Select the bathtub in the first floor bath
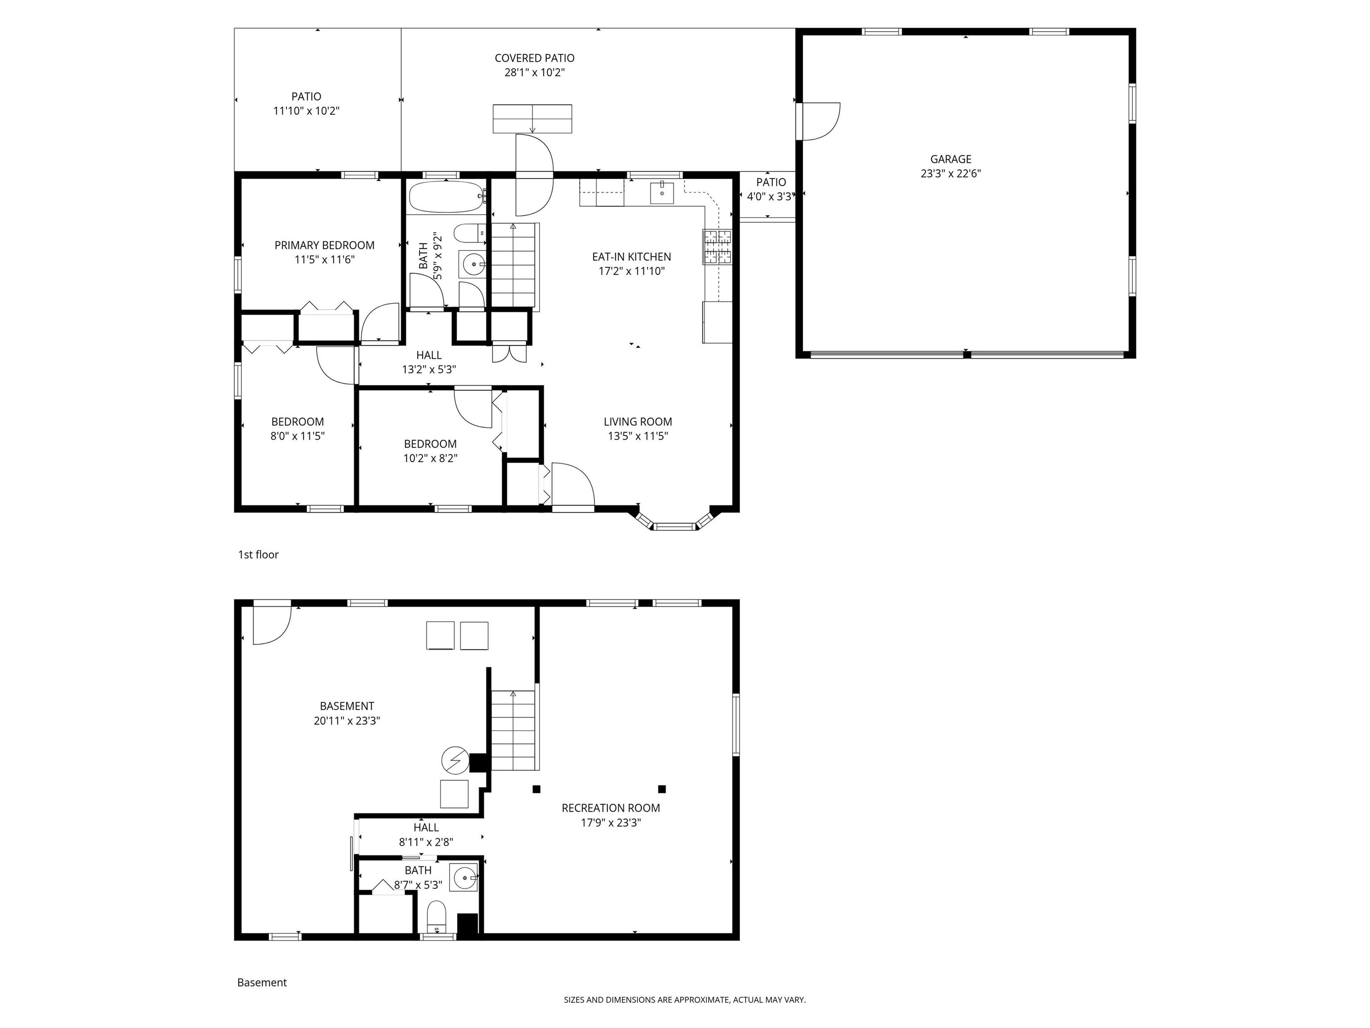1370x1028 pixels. point(446,196)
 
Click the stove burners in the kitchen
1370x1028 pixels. point(717,247)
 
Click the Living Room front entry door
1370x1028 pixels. point(573,486)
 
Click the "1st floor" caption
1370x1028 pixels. point(258,555)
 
